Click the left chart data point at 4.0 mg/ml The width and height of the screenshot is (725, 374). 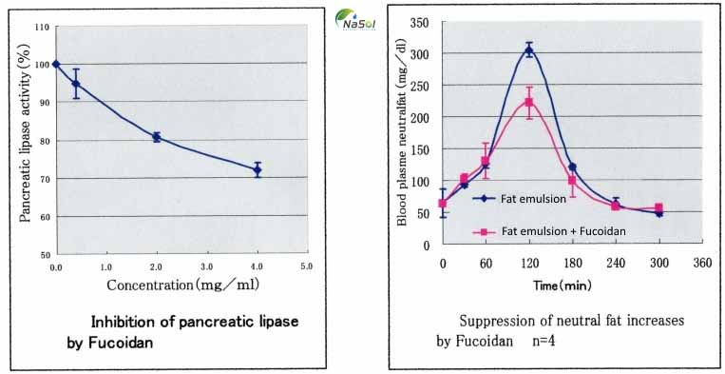point(257,170)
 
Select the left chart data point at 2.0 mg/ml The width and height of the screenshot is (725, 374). point(156,137)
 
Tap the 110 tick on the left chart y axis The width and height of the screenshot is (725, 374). point(43,26)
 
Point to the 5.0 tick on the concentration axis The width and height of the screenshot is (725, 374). point(307,267)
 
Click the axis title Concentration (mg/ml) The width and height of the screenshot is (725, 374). point(180,284)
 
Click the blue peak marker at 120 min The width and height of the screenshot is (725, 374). point(529,50)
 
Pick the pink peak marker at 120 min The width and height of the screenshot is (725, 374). point(529,103)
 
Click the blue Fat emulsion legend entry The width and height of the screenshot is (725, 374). point(527,199)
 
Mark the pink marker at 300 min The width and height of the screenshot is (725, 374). point(658,207)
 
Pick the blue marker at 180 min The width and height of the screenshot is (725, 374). point(572,167)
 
